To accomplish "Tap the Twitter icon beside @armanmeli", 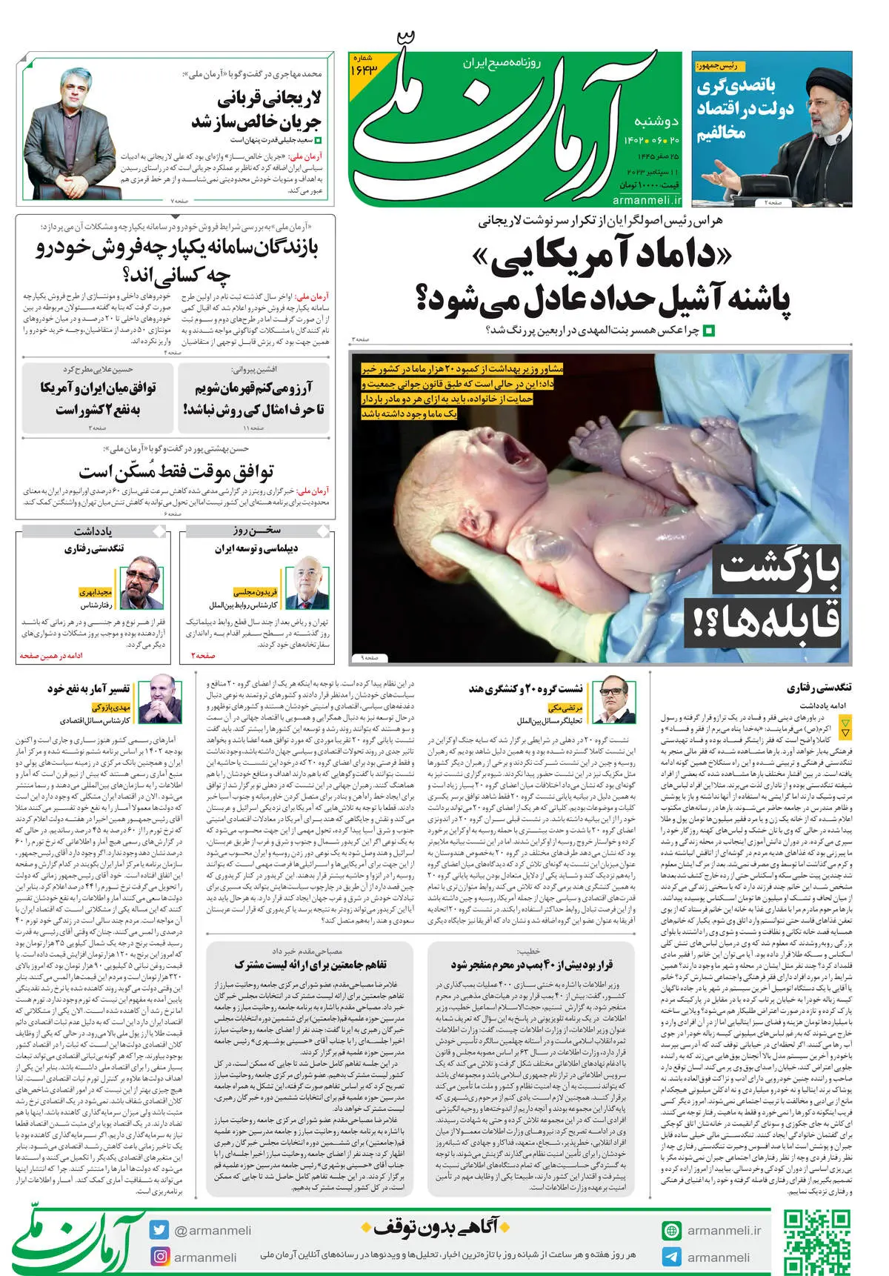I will click(159, 1230).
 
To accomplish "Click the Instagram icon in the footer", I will click(159, 1257).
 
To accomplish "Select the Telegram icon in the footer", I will click(671, 1257).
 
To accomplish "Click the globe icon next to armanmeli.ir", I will click(671, 1230).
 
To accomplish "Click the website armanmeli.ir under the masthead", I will click(646, 200).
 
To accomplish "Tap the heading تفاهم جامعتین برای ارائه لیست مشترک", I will click(310, 965).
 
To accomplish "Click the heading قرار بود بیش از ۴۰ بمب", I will click(532, 965).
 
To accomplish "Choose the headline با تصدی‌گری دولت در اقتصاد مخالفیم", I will click(744, 110).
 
